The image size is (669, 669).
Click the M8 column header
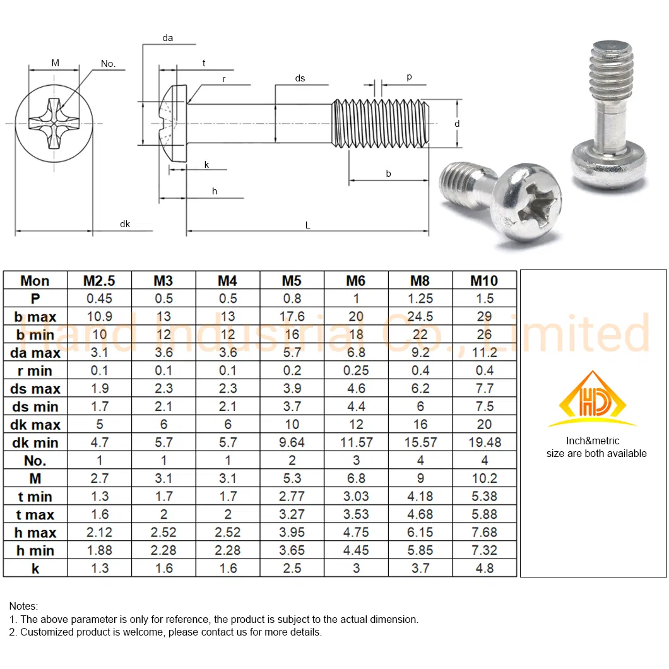(x=420, y=281)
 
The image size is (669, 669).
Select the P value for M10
(x=484, y=299)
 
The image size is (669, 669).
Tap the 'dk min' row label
(x=35, y=442)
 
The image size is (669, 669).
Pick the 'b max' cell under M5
(x=292, y=317)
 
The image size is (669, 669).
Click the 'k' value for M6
(x=356, y=568)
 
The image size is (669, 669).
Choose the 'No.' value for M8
(x=420, y=460)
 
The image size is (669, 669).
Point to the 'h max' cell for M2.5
(x=100, y=532)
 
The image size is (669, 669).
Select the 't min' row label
(x=35, y=497)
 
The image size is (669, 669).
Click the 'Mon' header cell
(x=35, y=281)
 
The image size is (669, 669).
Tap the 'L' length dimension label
(x=308, y=225)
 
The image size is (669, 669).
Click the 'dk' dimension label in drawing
(x=125, y=224)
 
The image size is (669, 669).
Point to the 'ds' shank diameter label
(x=300, y=78)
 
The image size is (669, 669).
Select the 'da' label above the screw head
(x=167, y=38)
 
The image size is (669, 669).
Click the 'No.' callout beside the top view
(x=109, y=64)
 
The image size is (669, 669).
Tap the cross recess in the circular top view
(x=54, y=123)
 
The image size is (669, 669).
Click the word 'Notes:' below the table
(x=24, y=606)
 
